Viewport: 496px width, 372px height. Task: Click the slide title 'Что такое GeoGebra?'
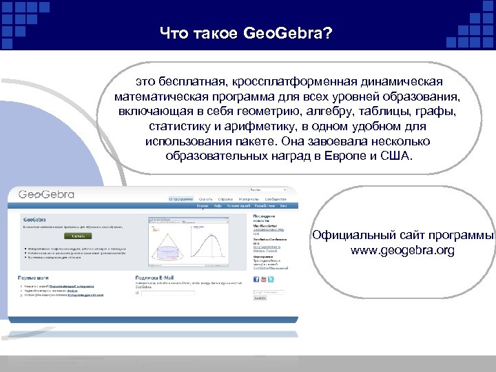pyautogui.click(x=246, y=32)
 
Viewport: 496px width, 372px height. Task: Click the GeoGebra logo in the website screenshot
pyautogui.click(x=46, y=194)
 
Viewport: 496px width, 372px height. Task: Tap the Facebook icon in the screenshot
pyautogui.click(x=255, y=279)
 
